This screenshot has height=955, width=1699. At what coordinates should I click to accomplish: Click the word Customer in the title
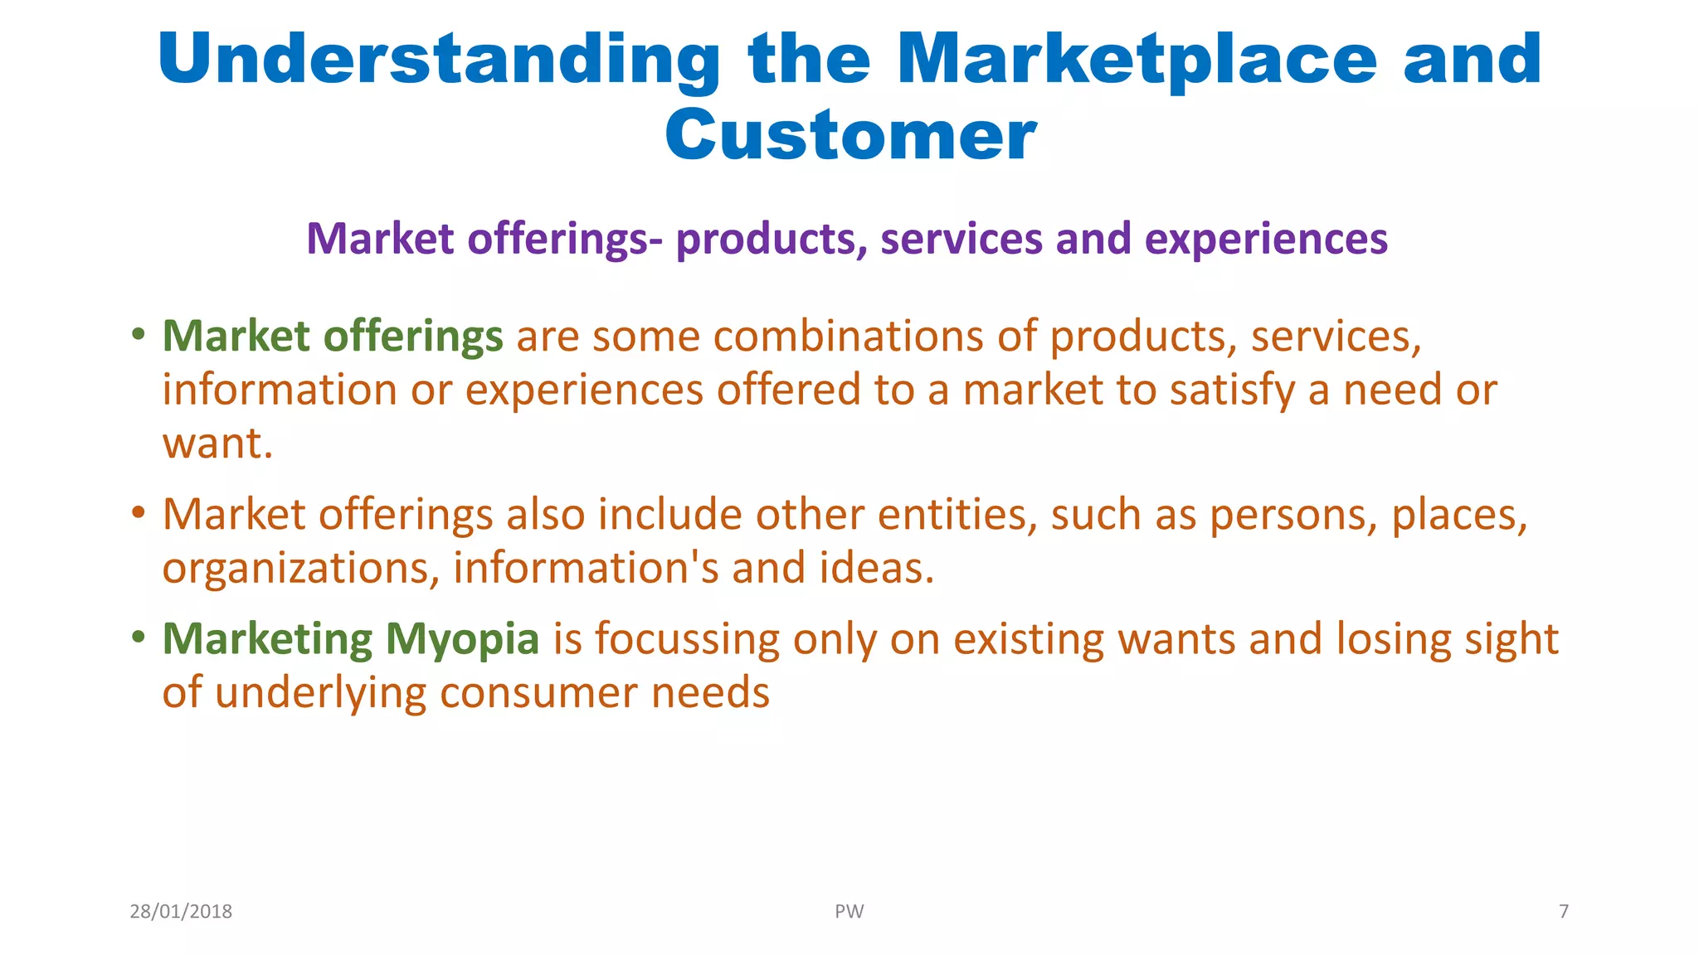tap(849, 135)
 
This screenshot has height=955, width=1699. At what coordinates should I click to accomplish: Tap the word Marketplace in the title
tap(1137, 60)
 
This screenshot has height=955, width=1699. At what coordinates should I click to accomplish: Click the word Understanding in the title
tap(439, 60)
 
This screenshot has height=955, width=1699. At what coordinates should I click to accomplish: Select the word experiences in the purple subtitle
tap(1266, 239)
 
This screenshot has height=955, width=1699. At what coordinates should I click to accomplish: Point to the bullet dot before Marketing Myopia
tap(139, 637)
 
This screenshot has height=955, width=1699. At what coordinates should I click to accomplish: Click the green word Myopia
tap(462, 641)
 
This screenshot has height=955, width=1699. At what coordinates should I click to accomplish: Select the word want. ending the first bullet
tap(217, 444)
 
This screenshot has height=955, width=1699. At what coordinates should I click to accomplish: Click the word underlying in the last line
tap(320, 694)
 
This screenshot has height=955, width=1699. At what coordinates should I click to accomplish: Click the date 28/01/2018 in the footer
tap(181, 912)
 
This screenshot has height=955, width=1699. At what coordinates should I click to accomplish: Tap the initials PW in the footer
tap(849, 912)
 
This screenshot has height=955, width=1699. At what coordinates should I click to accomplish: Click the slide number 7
tap(1564, 912)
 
